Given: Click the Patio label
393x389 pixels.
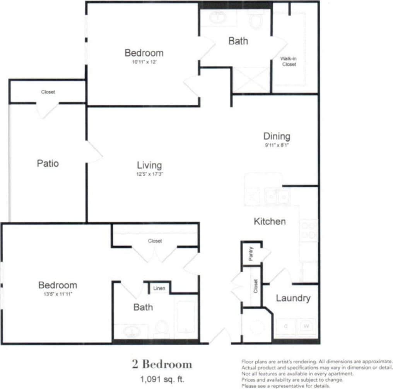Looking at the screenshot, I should (48, 163).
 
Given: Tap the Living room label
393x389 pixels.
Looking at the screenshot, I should (149, 165).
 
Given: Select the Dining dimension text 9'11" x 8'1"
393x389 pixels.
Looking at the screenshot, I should (277, 146).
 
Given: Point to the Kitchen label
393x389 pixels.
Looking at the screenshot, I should (270, 221).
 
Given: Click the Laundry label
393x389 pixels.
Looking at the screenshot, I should (293, 298).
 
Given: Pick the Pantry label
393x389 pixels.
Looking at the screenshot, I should (251, 254).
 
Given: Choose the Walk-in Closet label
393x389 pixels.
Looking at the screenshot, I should (289, 61).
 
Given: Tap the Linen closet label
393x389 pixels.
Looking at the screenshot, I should (159, 288).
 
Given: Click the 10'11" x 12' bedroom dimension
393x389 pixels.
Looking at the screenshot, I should (144, 62).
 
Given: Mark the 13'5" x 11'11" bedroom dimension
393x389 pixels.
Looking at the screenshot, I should (58, 294).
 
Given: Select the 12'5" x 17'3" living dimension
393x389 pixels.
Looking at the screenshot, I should (149, 174).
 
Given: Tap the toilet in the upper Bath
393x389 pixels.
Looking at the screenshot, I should (256, 20).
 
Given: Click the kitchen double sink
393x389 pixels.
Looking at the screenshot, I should (277, 197).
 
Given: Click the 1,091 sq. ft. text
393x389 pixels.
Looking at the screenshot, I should (162, 379).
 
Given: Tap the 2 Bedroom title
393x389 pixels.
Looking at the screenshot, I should (162, 364).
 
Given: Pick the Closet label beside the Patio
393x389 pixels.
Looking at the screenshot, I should (48, 92).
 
